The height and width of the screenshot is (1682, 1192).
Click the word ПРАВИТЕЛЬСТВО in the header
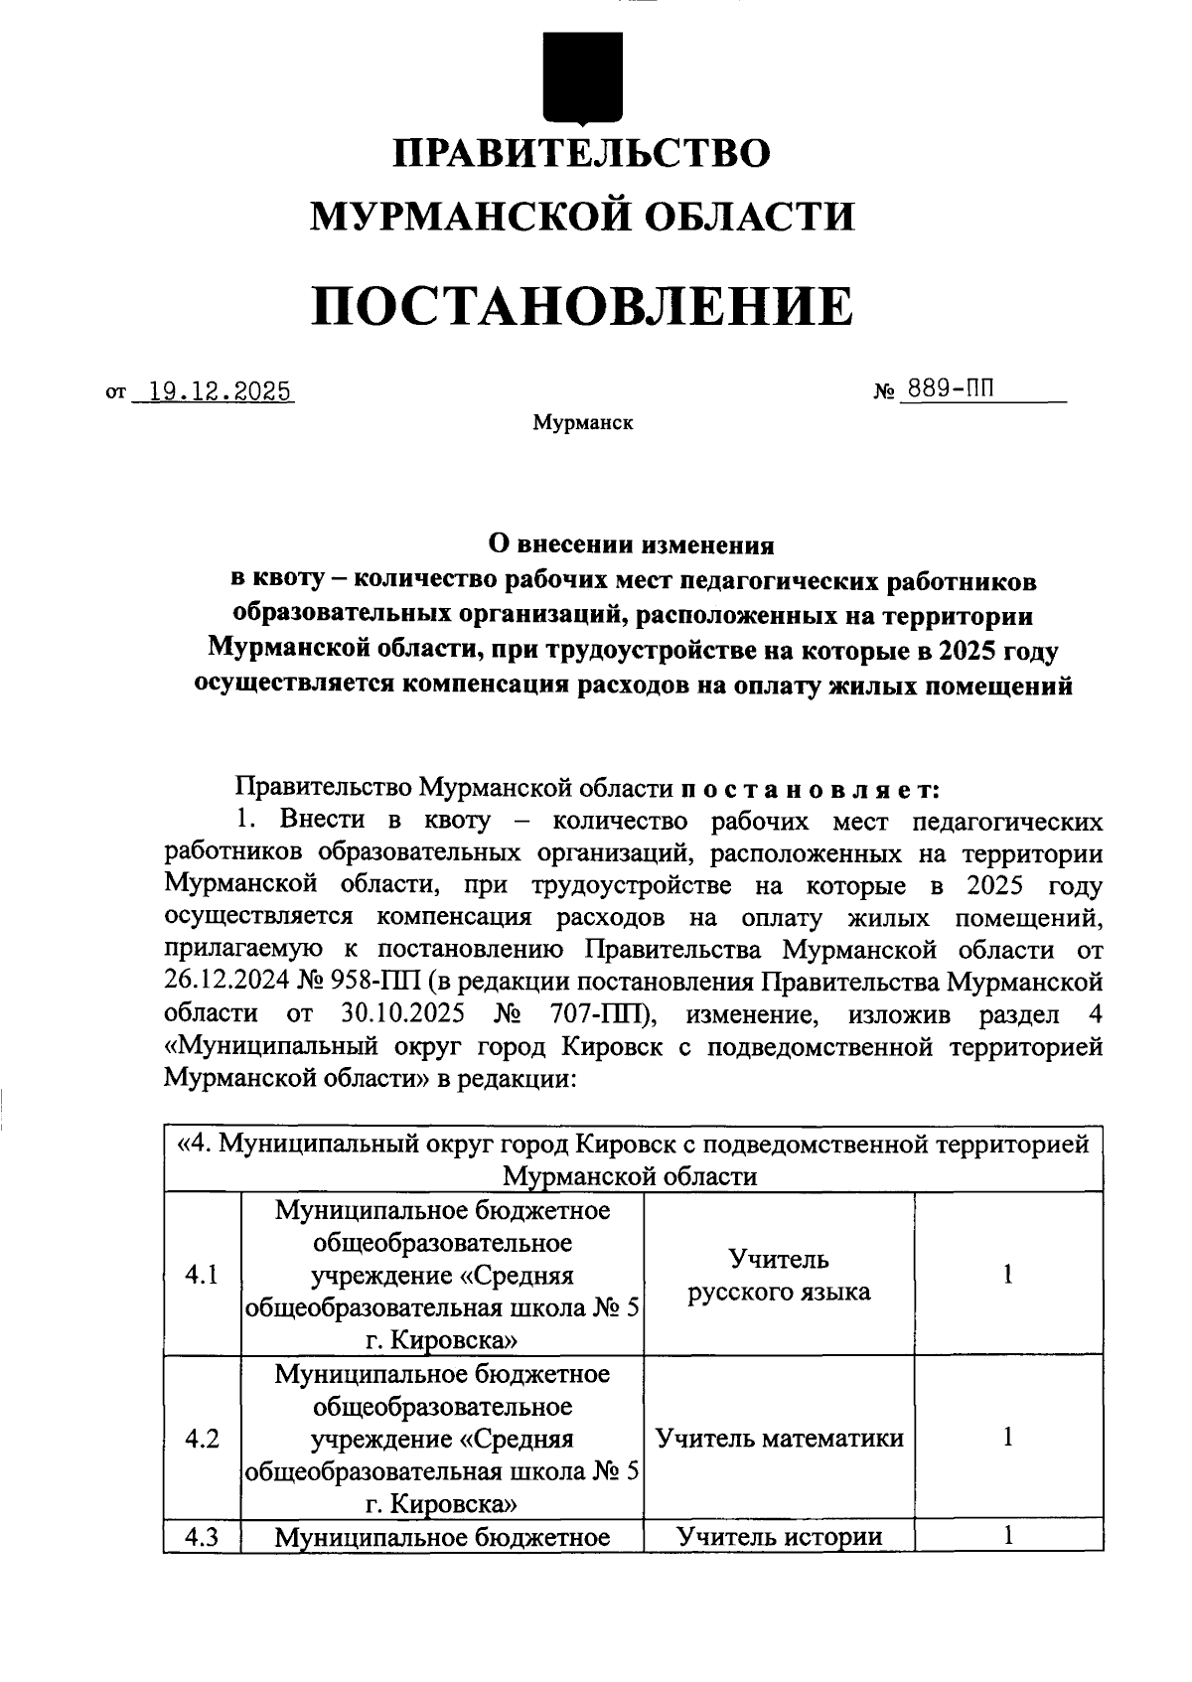point(582,154)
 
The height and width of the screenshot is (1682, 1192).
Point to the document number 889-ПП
point(946,389)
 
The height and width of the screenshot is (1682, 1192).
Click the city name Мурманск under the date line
point(582,423)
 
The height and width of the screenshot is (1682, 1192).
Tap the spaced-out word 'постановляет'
point(811,789)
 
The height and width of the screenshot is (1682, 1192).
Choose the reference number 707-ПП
point(599,1014)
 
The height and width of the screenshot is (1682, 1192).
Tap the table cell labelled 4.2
point(202,1438)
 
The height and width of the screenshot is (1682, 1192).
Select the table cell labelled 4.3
point(202,1537)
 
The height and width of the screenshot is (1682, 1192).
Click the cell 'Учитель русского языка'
point(779,1276)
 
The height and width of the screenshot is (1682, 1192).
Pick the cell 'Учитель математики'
point(779,1438)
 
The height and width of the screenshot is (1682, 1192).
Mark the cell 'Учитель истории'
point(779,1537)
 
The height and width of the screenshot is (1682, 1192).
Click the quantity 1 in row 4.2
point(1007,1437)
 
